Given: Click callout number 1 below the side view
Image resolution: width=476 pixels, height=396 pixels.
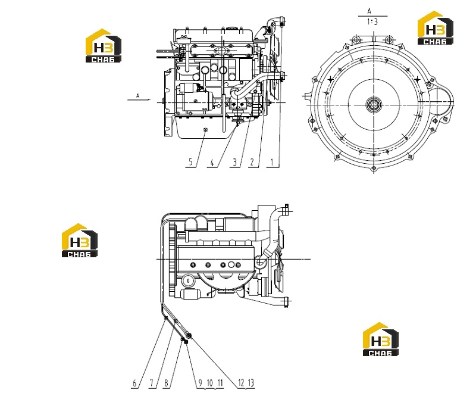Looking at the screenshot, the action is tap(272, 163).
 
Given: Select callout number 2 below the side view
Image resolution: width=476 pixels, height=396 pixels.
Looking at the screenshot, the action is tap(252, 163).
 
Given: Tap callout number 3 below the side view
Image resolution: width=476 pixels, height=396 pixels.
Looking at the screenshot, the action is tap(234, 163).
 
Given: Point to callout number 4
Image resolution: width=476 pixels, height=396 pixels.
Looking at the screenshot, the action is tap(212, 163).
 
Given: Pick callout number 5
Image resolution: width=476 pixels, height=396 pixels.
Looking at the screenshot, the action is tap(190, 162).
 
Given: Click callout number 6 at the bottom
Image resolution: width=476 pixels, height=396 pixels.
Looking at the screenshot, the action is tap(135, 383).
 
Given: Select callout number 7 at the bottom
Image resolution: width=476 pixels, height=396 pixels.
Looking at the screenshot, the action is tap(152, 383).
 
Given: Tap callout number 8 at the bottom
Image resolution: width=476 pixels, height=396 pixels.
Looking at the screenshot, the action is tap(166, 383).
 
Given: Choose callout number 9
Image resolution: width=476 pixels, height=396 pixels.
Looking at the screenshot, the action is tap(200, 383).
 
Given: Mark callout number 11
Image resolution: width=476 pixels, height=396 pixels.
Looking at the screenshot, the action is tap(220, 383).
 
